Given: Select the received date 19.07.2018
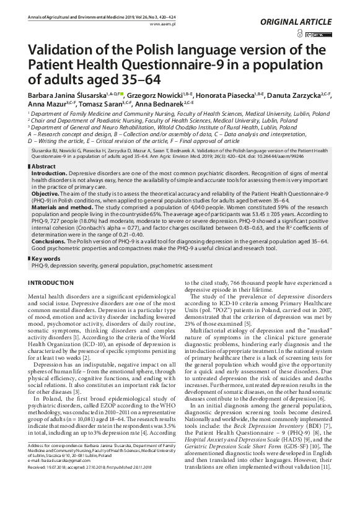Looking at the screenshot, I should point(59,487).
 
